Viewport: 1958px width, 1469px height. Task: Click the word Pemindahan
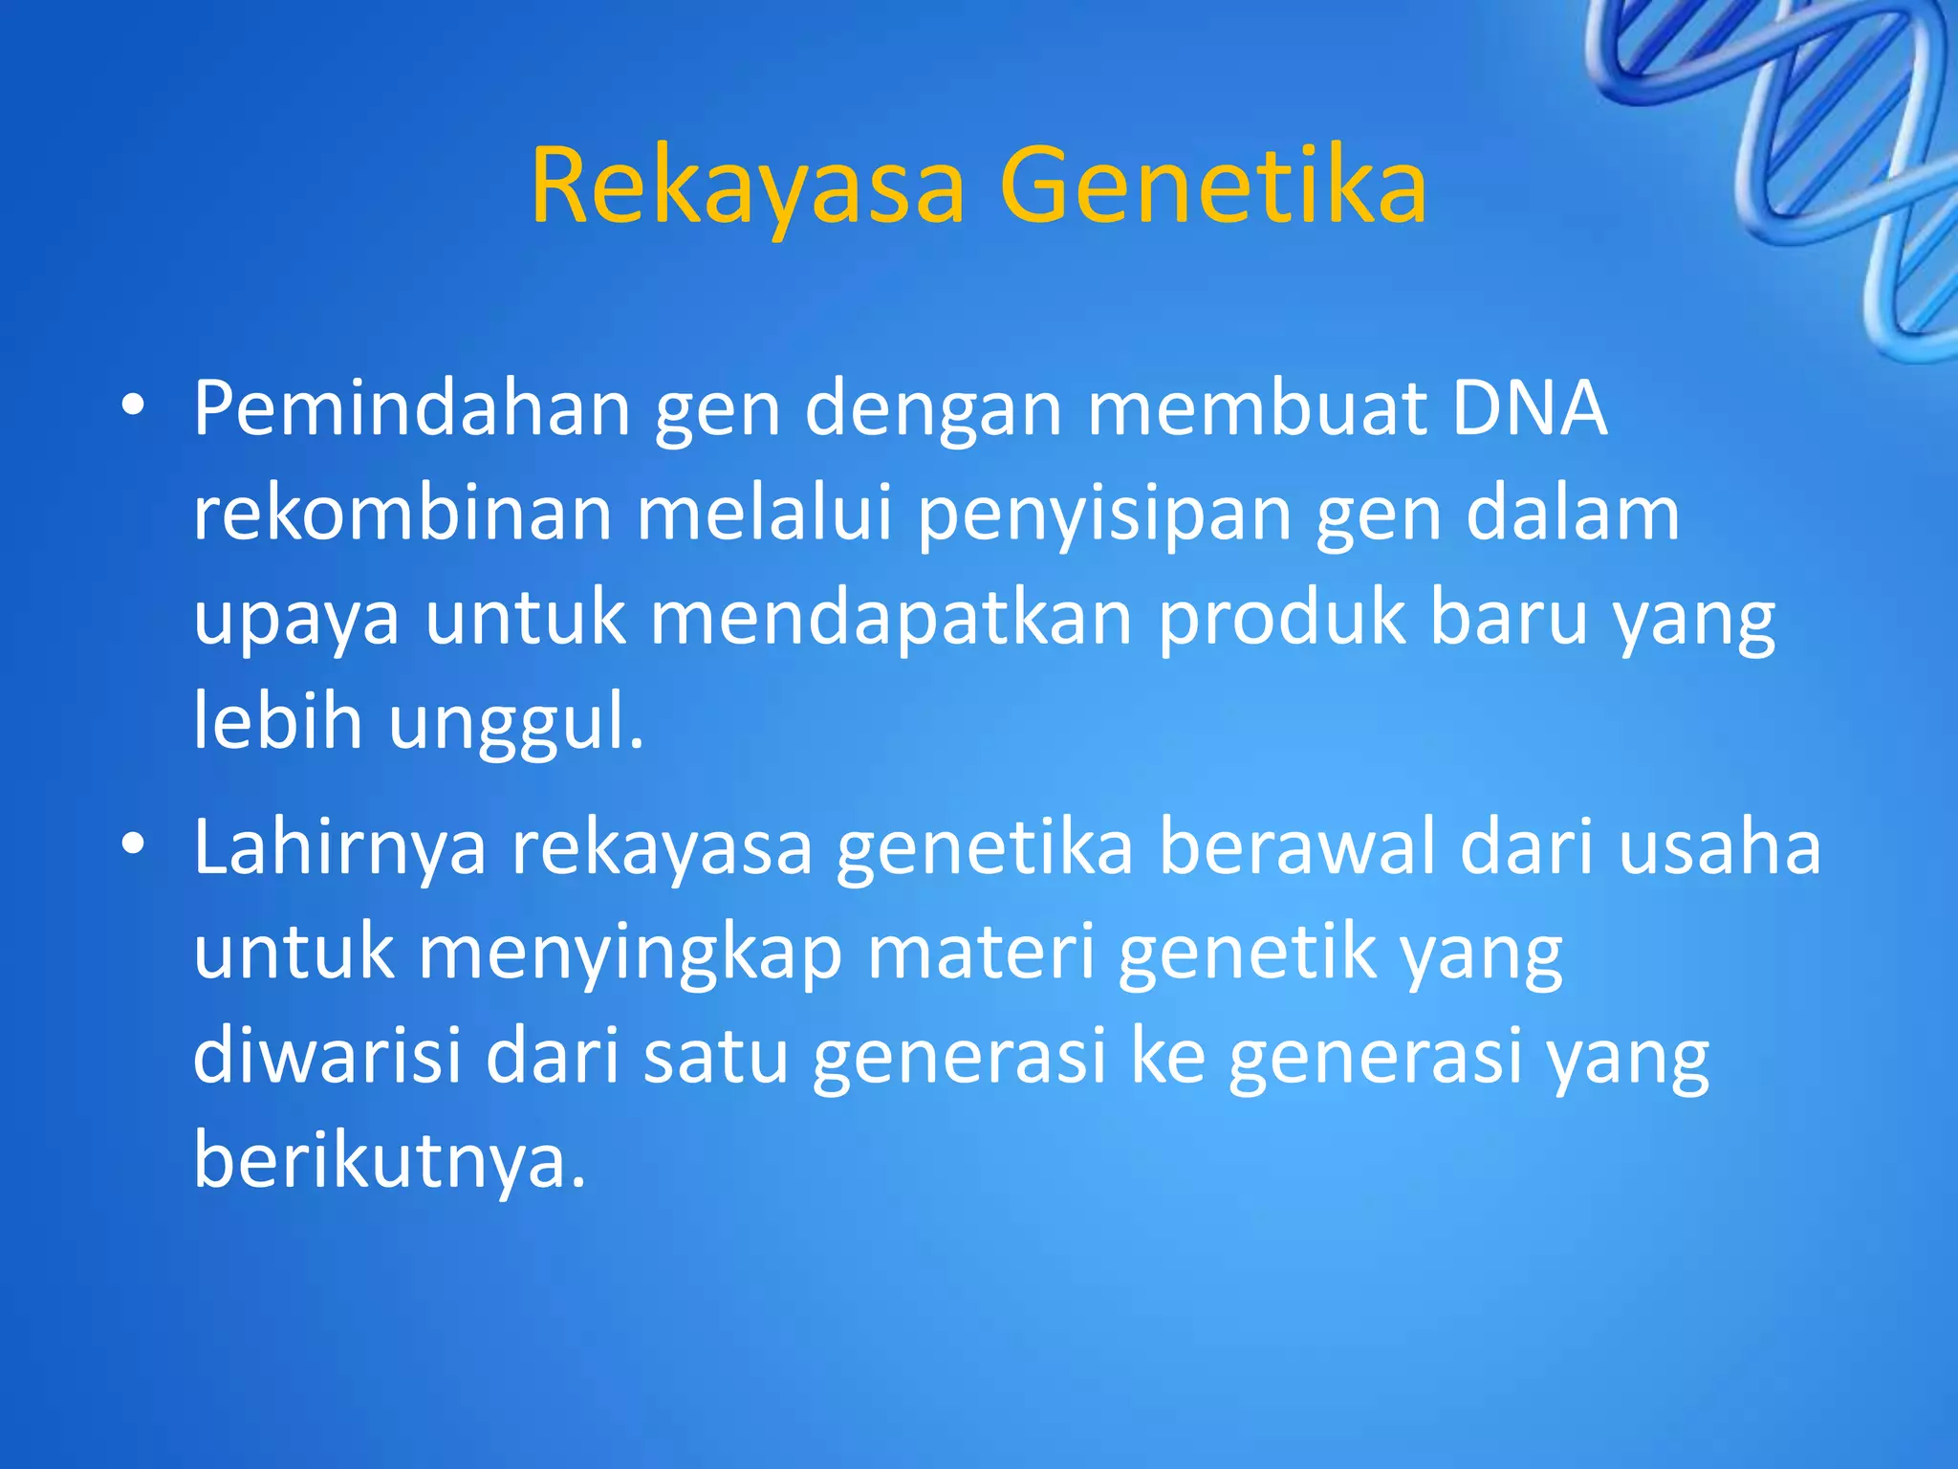tap(412, 409)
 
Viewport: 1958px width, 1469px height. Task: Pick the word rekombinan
tap(402, 514)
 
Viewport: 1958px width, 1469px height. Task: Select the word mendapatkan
tap(891, 620)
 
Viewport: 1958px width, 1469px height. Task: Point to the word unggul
tap(514, 725)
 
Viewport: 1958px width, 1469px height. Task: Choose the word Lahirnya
tap(339, 849)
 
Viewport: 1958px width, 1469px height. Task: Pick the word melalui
tap(765, 514)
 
